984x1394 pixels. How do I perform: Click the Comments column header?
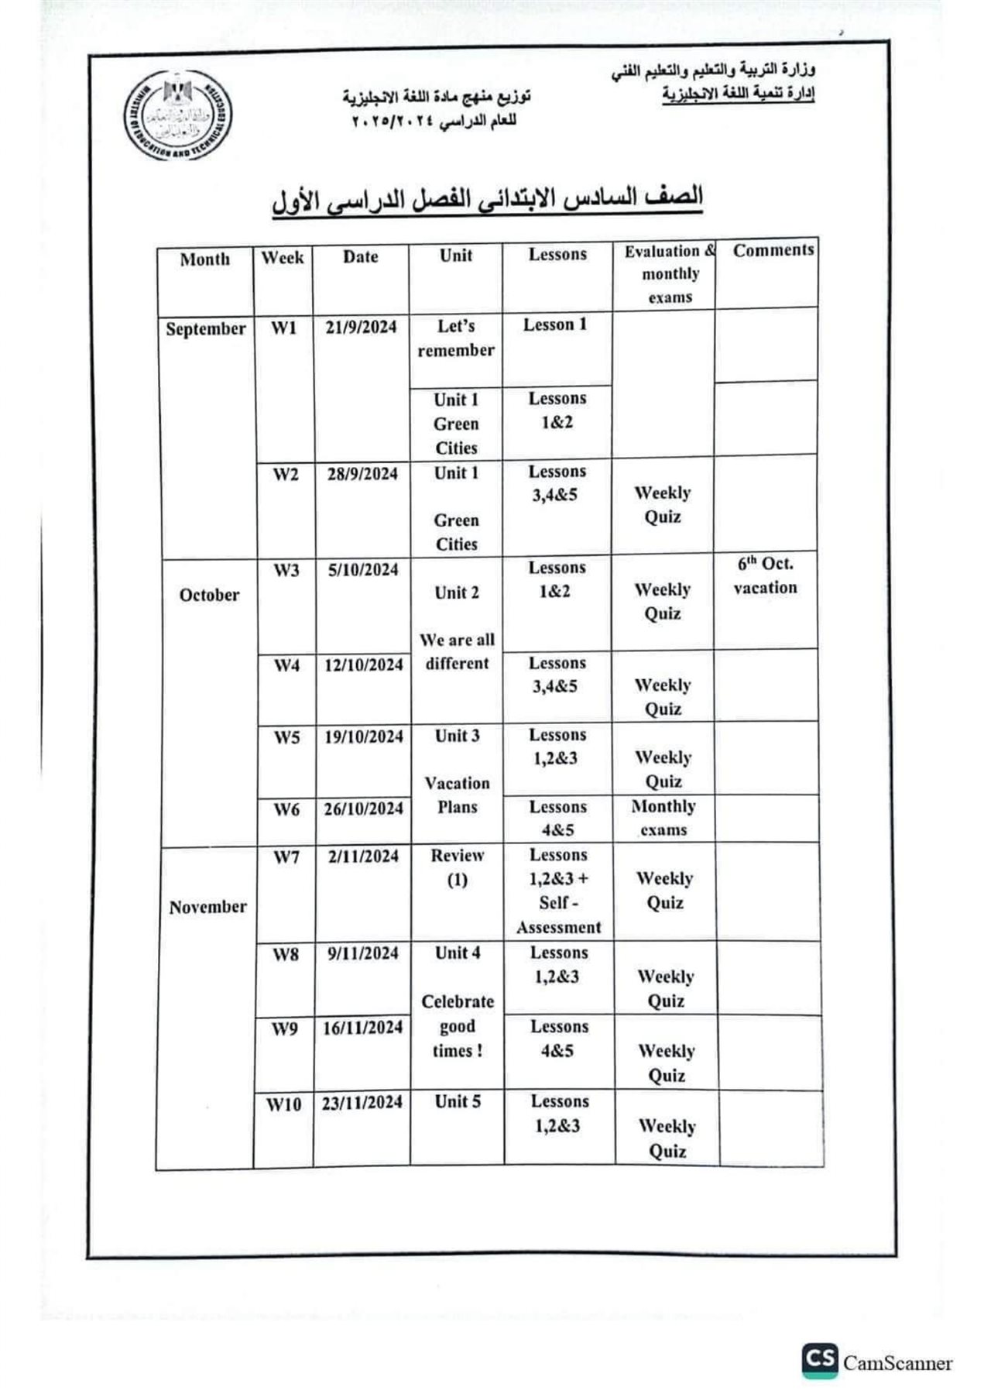(x=773, y=250)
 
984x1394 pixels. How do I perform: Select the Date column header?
(x=361, y=257)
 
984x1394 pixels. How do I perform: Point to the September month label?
(x=205, y=328)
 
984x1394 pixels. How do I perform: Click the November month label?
(x=207, y=907)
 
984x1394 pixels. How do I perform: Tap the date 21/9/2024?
(x=361, y=328)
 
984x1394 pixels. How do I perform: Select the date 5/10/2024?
(x=362, y=570)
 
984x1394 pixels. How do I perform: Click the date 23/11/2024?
(x=362, y=1103)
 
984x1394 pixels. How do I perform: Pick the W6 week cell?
(x=286, y=810)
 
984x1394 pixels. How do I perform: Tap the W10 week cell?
(x=283, y=1105)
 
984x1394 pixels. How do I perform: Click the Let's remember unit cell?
(x=456, y=338)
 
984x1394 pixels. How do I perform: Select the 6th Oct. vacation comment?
(x=765, y=575)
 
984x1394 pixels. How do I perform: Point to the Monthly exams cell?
(x=663, y=818)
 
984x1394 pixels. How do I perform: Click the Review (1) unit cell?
(x=457, y=867)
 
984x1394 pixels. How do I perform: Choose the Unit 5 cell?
(x=457, y=1101)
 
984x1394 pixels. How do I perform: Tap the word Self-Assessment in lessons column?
(x=559, y=915)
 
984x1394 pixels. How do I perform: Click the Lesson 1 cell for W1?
(x=555, y=324)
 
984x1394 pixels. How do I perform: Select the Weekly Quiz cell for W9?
(x=667, y=1063)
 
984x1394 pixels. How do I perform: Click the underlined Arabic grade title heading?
(x=488, y=198)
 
